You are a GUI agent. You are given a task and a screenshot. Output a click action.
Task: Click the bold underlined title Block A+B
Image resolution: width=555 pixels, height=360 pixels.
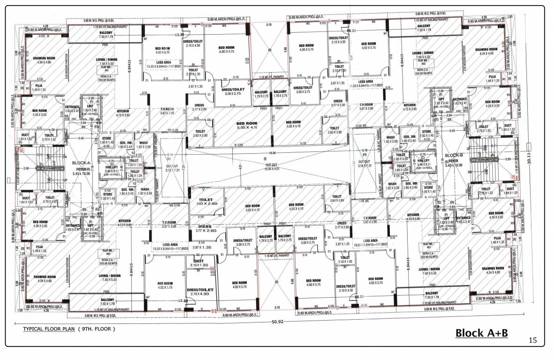(x=482, y=333)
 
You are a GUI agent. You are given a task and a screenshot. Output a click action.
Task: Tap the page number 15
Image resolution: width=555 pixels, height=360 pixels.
(x=532, y=340)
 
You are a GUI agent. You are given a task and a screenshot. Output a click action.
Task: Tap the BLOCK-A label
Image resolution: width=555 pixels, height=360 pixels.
(x=80, y=163)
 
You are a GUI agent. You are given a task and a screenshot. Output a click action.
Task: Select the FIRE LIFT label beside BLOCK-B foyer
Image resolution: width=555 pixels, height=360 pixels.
(x=419, y=161)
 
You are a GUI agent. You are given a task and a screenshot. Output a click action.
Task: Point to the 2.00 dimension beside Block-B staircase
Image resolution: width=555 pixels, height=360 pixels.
(x=508, y=159)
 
